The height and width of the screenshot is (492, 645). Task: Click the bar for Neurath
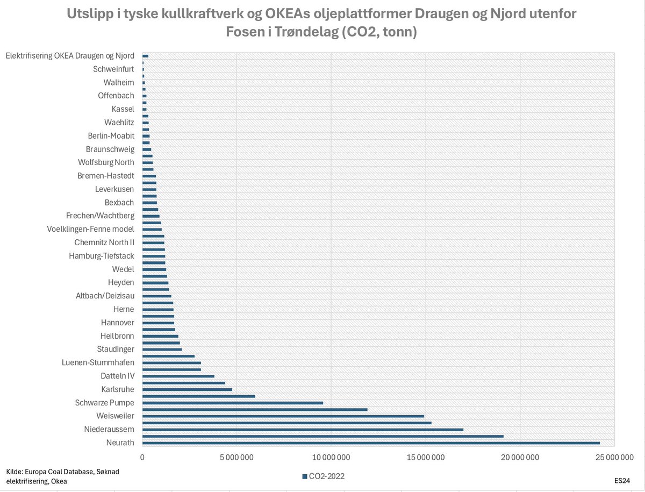[x=371, y=443]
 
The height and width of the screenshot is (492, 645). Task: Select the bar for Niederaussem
[x=303, y=430]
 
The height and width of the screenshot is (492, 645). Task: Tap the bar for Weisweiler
[x=283, y=416]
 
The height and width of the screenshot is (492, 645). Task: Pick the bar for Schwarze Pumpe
[x=233, y=403]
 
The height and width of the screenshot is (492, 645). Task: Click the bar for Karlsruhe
[x=187, y=389]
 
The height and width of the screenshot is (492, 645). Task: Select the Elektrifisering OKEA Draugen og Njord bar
[x=145, y=56]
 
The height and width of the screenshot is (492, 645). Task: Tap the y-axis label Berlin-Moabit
[x=111, y=136]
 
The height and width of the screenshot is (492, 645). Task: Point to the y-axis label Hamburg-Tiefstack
[x=102, y=256]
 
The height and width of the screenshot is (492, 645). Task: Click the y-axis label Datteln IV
[x=118, y=376]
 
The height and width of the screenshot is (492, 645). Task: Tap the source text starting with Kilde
[x=62, y=476]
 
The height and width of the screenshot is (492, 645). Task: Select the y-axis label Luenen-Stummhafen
[x=98, y=362]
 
